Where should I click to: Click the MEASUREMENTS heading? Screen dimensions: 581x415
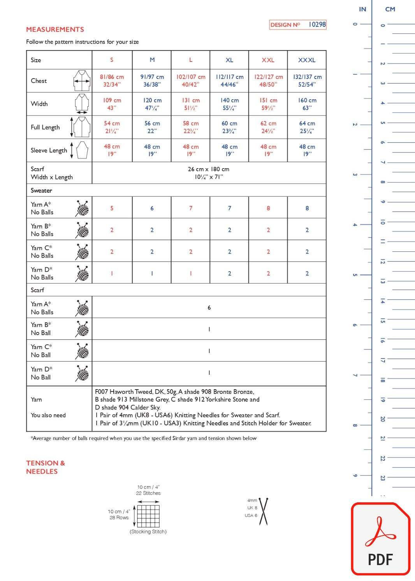(x=55, y=30)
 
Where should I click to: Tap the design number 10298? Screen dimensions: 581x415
(x=317, y=25)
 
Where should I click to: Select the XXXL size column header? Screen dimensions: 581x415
(x=307, y=60)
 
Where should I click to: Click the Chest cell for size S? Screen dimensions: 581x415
(x=112, y=81)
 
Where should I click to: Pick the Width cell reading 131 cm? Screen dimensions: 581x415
(x=191, y=104)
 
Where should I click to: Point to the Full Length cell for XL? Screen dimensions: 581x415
(x=229, y=127)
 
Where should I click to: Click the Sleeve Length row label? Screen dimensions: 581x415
(x=49, y=151)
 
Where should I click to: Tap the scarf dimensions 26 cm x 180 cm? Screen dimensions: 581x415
(x=209, y=169)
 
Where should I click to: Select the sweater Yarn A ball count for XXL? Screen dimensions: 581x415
(x=268, y=208)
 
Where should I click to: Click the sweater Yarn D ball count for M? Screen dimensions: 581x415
(x=152, y=274)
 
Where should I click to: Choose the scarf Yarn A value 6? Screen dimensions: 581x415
(x=209, y=308)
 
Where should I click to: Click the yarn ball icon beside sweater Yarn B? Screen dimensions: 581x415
(x=82, y=230)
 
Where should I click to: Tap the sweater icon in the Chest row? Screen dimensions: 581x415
(x=82, y=81)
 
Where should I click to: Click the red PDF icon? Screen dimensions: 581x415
(x=380, y=539)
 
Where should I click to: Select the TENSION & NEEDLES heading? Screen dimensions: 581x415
(x=46, y=467)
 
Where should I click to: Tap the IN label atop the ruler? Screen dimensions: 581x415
(x=362, y=9)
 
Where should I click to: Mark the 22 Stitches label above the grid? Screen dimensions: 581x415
(x=148, y=493)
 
